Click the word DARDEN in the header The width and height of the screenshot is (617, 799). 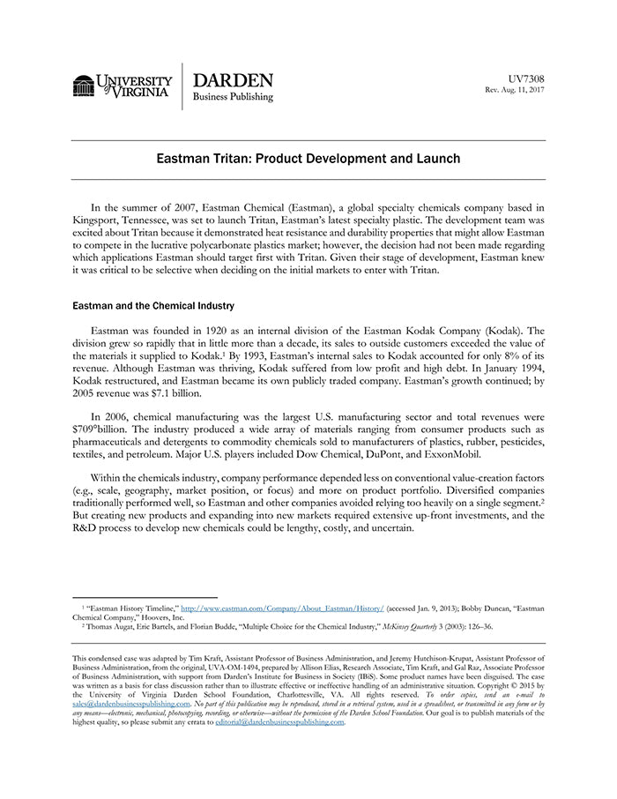point(233,80)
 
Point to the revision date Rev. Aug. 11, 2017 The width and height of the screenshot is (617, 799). point(515,91)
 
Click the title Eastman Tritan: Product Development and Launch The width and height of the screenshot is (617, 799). point(308,160)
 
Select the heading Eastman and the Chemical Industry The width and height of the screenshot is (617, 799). point(153,306)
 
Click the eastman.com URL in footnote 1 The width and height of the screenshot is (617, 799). point(282,609)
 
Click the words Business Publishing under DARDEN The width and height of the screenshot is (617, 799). point(234,97)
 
